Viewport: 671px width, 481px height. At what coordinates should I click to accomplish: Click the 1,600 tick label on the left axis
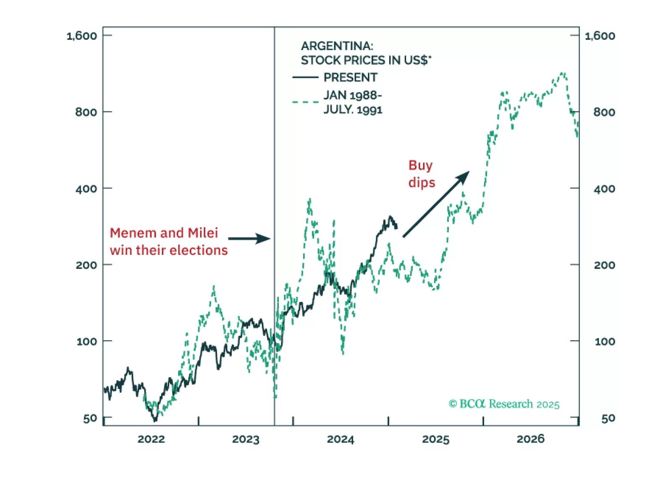(x=82, y=36)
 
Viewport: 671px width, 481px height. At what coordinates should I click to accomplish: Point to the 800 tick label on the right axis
(x=604, y=112)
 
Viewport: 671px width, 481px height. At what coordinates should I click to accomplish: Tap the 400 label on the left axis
(x=86, y=189)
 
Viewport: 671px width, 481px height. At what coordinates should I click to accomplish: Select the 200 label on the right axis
(x=604, y=265)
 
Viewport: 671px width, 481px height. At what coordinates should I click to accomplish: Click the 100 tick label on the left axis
(x=86, y=341)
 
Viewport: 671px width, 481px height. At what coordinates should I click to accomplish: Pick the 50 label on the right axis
(x=608, y=418)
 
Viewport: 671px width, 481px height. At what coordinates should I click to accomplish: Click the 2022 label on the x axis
(x=151, y=439)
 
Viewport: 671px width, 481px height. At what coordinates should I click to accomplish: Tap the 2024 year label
(x=341, y=439)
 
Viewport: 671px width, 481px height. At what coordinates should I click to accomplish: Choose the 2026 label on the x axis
(x=530, y=439)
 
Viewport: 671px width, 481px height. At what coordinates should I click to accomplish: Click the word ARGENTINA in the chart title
(x=337, y=46)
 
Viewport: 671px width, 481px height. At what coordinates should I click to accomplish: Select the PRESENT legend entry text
(x=350, y=77)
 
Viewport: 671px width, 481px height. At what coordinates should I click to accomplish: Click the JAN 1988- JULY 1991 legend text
(x=353, y=102)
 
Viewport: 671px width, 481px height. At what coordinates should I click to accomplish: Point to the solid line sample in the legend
(x=305, y=77)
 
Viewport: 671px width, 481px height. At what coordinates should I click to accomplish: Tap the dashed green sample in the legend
(x=305, y=102)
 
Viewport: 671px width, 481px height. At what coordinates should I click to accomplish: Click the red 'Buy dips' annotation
(x=421, y=174)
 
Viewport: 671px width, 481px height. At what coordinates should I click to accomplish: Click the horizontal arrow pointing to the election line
(x=249, y=239)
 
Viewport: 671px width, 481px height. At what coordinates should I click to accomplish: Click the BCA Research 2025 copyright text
(x=504, y=404)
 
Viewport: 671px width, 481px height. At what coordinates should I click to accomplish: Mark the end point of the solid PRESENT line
(x=397, y=228)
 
